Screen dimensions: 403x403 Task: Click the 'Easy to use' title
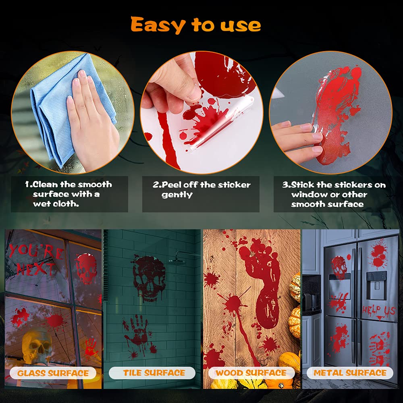click(196, 25)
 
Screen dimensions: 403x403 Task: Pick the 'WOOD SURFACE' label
click(251, 373)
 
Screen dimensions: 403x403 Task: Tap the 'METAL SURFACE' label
click(350, 373)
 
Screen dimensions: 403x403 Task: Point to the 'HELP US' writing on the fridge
click(379, 310)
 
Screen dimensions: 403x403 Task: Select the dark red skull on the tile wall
click(150, 276)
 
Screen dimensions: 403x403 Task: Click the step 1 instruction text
click(69, 194)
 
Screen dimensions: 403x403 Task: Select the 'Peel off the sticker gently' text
click(201, 190)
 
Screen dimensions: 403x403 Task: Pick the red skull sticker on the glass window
click(86, 268)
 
